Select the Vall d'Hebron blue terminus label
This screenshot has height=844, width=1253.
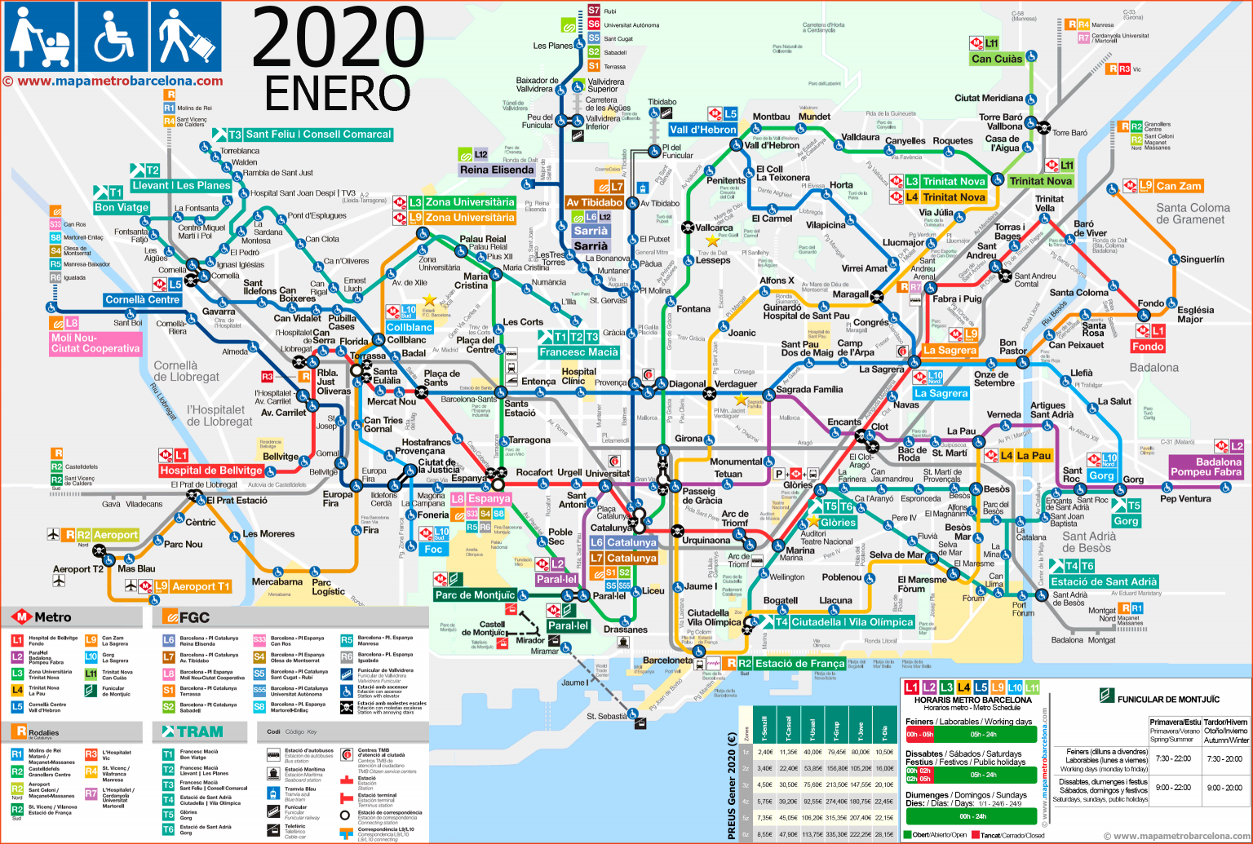pos(702,130)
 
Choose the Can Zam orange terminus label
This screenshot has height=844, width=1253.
pos(1179,187)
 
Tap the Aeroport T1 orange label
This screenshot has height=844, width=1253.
pos(201,586)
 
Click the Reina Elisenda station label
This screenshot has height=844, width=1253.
pos(497,170)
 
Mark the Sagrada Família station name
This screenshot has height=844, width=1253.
pos(809,389)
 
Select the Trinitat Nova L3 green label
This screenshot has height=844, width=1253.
pos(954,181)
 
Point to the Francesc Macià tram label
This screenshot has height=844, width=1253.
pos(578,352)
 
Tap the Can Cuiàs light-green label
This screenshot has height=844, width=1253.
pos(997,59)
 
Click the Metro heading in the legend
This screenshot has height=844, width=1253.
pos(52,617)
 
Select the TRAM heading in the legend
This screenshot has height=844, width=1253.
pos(200,731)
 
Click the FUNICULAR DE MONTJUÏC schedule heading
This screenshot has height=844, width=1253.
pos(1168,699)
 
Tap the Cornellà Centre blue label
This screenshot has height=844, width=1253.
pos(143,299)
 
